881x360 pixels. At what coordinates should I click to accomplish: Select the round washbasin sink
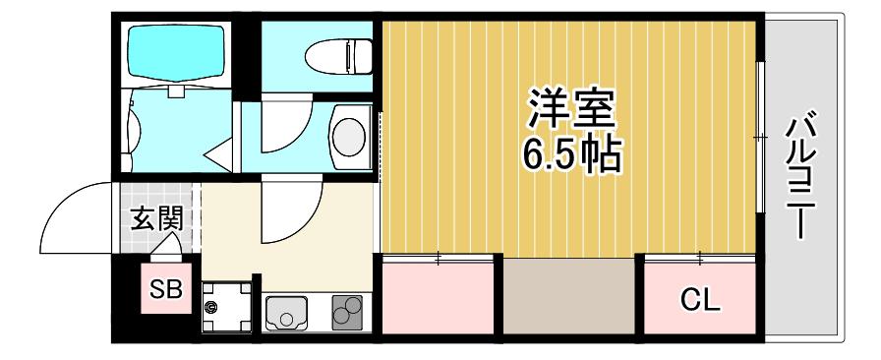coord(348,137)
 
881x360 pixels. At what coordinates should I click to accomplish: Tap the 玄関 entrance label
coord(157,218)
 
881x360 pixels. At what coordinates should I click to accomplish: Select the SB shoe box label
coord(166,290)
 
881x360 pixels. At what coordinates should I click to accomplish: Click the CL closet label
coord(700,301)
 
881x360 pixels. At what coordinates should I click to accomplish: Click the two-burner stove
coord(347,313)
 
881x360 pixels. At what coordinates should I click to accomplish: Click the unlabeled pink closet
coord(438,298)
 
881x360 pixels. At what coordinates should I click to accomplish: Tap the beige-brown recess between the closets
coord(568,296)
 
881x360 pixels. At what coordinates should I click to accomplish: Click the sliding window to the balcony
coord(760,137)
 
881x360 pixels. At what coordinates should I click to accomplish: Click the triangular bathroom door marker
coord(219,156)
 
